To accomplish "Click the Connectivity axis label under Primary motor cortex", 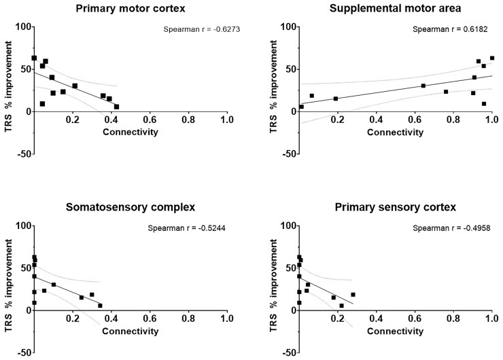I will [x=131, y=131].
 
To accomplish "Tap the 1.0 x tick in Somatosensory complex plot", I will [x=227, y=318].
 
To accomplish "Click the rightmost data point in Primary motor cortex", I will [x=116, y=107].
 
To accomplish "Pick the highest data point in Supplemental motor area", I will [x=492, y=58].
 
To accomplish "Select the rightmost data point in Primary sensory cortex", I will [x=353, y=295].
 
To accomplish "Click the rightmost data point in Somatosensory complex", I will [x=100, y=306].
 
